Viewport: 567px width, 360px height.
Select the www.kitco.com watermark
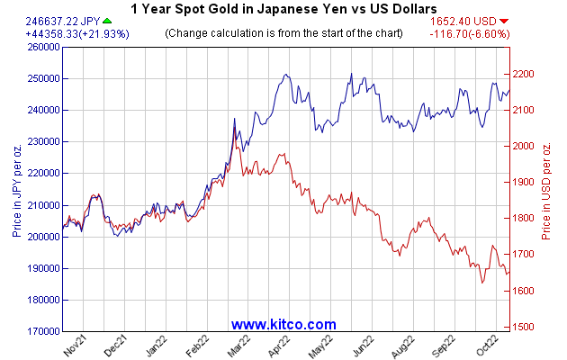pyautogui.click(x=283, y=324)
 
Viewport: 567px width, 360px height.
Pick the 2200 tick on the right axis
pyautogui.click(x=524, y=74)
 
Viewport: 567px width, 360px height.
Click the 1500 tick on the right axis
pyautogui.click(x=524, y=328)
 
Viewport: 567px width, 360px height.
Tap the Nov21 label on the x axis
pyautogui.click(x=75, y=346)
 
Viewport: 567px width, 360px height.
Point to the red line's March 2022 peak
pyautogui.click(x=235, y=128)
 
